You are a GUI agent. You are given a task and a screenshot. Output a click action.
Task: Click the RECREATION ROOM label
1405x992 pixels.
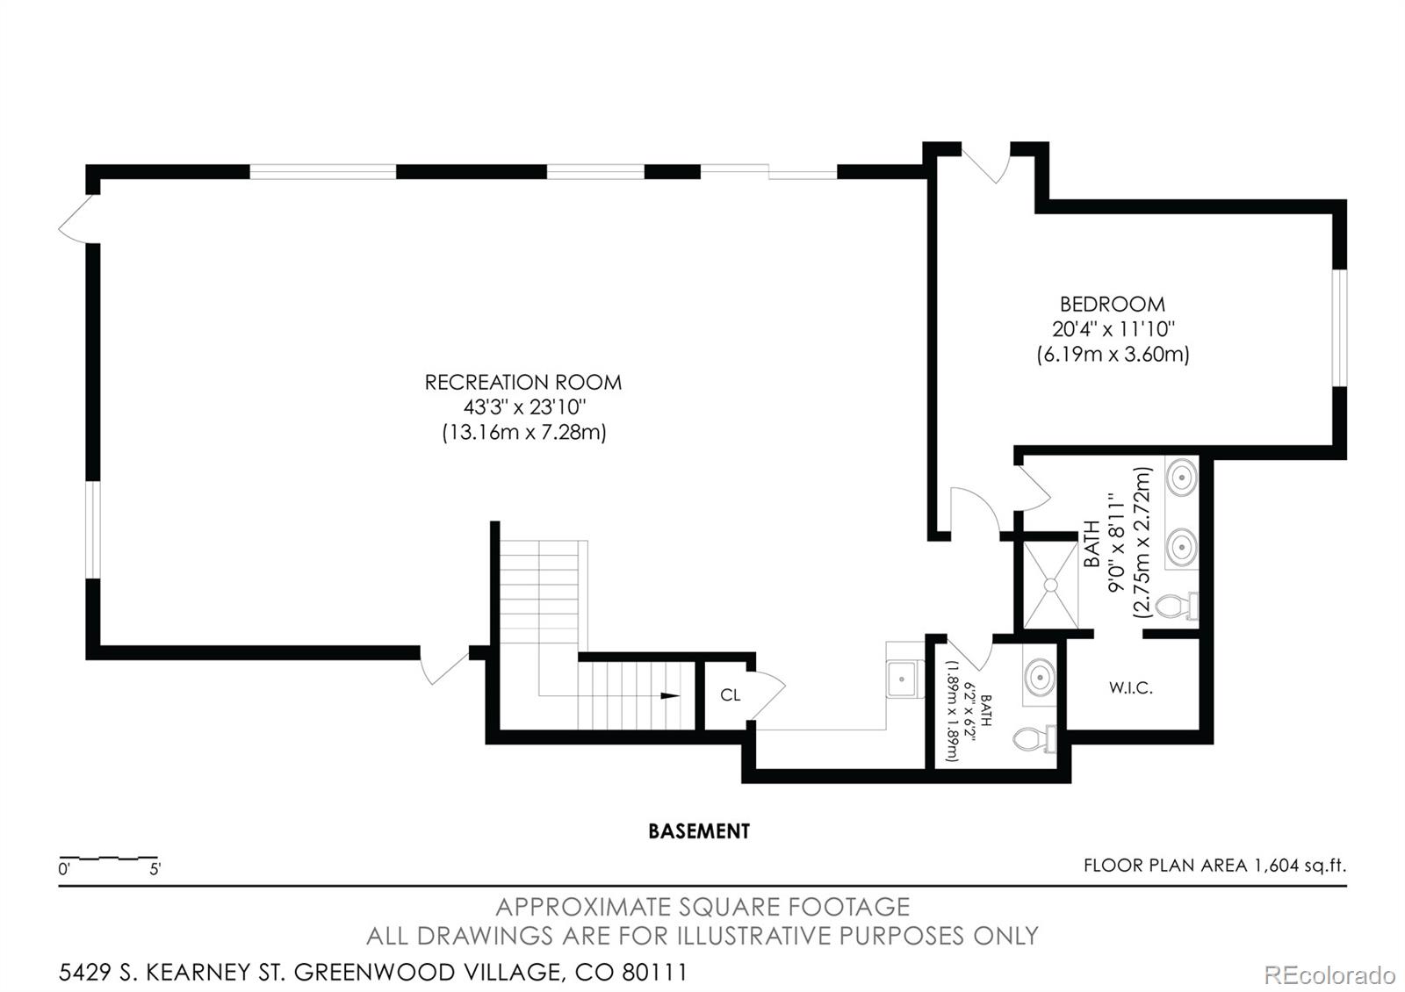click(523, 383)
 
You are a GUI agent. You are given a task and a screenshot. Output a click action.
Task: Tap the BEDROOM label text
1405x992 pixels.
click(1112, 304)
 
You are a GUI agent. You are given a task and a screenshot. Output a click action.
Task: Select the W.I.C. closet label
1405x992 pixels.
click(1130, 688)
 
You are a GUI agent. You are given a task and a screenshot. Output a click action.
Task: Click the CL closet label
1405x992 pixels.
click(730, 694)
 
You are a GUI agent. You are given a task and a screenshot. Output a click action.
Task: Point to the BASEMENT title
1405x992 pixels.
click(699, 831)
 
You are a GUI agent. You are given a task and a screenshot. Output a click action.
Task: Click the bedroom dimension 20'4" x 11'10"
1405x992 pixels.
click(1113, 328)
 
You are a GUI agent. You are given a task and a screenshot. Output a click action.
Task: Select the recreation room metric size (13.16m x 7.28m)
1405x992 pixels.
click(523, 433)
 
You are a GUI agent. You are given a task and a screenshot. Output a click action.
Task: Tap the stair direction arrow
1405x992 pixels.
click(670, 695)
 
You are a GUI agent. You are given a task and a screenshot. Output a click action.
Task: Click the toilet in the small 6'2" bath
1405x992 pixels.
click(1035, 738)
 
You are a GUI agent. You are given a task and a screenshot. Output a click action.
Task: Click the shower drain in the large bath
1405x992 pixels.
click(1050, 585)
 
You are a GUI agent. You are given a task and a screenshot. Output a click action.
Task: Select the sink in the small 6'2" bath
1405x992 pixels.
click(1040, 677)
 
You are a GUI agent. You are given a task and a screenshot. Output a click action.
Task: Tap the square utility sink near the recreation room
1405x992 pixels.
click(902, 679)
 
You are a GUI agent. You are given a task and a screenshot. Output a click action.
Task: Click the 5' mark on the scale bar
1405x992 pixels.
click(155, 869)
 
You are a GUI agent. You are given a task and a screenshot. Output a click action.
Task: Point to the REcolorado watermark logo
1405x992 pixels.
click(1329, 975)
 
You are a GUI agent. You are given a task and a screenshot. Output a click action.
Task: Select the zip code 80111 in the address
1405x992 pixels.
click(655, 973)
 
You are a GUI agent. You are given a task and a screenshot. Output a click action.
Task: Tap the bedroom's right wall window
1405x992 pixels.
click(1340, 328)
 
